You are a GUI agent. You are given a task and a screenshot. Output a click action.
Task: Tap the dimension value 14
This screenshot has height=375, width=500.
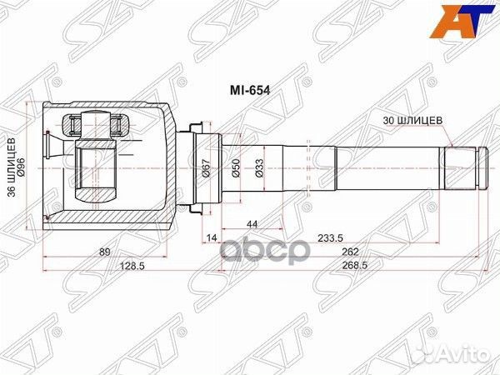(212, 238)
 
